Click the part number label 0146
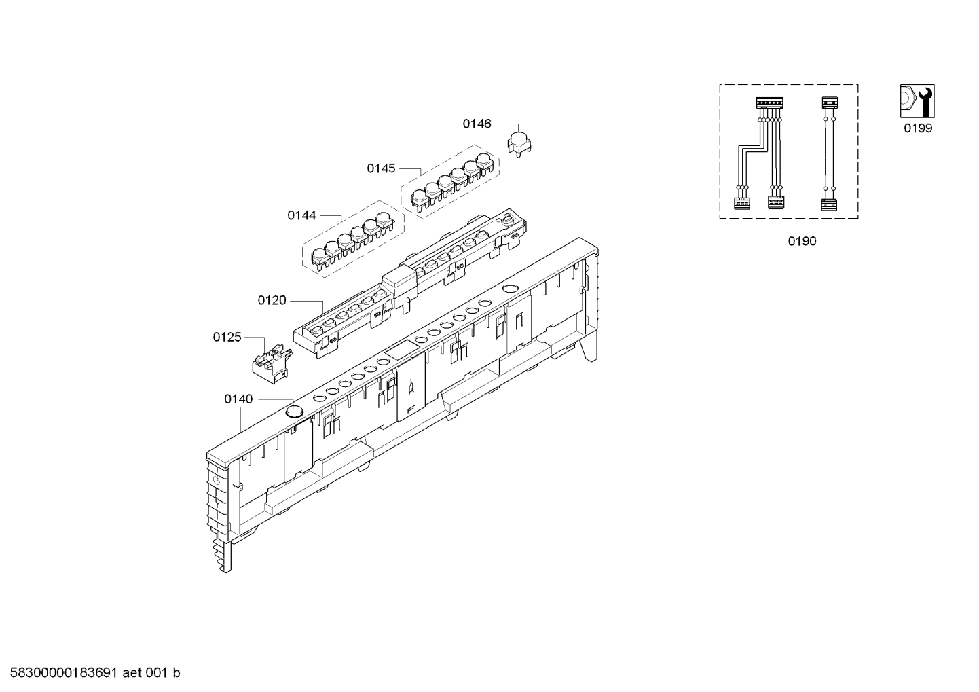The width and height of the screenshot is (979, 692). point(477,124)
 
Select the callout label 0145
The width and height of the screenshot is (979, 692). point(381,168)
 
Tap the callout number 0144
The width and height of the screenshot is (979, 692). point(301,215)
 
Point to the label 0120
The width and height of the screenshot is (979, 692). point(272,300)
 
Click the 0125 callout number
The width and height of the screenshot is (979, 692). point(227,337)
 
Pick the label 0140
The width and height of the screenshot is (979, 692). point(238,399)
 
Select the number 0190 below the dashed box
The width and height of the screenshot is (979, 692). point(802,241)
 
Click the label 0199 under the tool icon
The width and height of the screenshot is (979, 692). point(918,128)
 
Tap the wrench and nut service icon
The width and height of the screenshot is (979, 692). point(917,101)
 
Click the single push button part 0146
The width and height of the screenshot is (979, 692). point(519,143)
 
